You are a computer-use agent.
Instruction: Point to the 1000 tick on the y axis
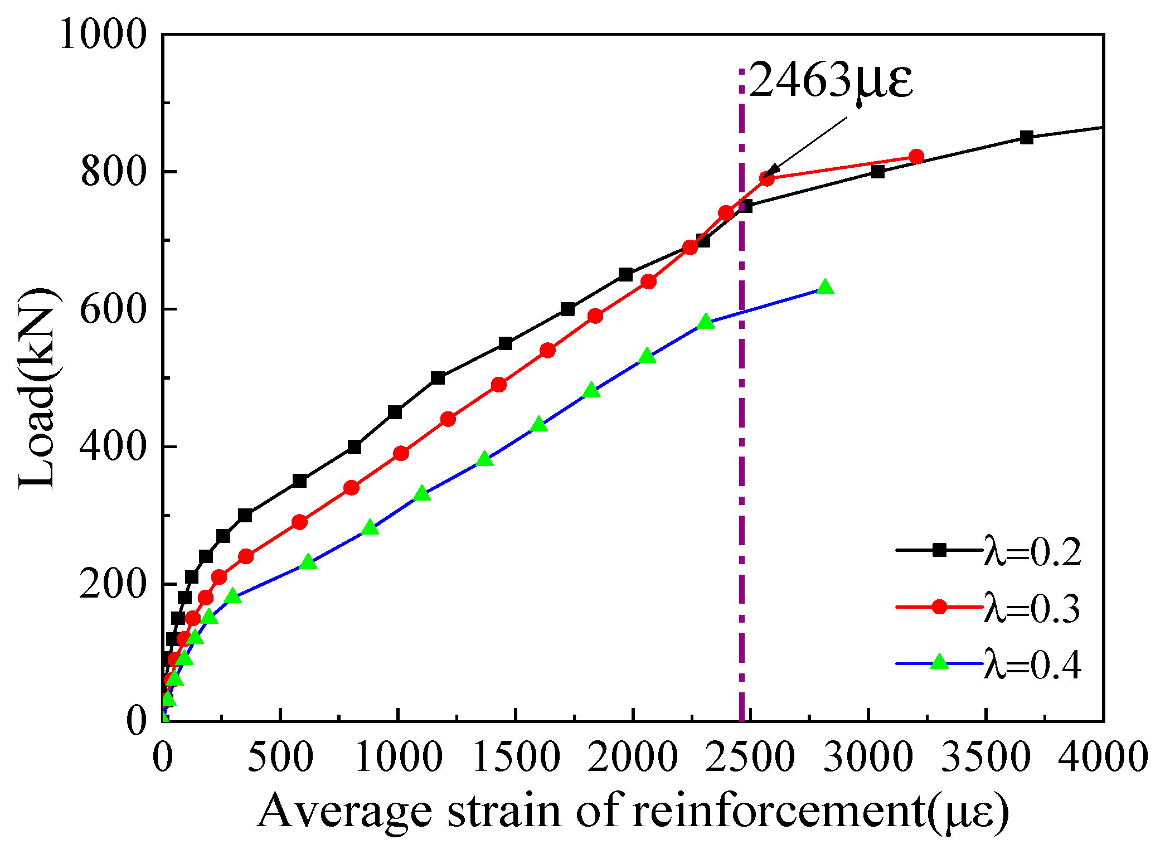point(103,35)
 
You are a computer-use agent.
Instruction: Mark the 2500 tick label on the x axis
point(750,759)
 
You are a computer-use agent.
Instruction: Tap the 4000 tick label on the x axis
point(1103,759)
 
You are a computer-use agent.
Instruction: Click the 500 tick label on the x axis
point(280,759)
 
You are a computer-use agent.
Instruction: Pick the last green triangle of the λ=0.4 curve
point(825,288)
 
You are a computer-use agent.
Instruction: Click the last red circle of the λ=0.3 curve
point(916,157)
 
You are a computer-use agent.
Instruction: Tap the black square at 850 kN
point(1026,137)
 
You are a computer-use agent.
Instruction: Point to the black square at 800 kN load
point(878,172)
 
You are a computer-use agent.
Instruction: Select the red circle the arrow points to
point(767,179)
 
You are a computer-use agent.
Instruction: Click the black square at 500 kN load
point(438,378)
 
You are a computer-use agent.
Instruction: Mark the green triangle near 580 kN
point(706,322)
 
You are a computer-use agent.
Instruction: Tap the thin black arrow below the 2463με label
point(808,144)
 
